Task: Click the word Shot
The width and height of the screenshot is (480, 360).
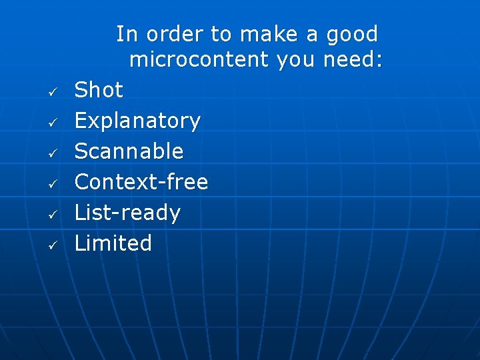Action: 99,90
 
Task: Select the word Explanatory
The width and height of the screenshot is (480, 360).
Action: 137,121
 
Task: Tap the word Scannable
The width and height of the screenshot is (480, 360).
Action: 129,151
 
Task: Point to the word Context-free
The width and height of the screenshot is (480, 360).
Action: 141,181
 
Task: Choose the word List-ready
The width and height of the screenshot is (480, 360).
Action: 127,213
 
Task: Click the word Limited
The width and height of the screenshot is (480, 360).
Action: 113,243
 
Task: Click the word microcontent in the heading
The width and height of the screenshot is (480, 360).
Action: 198,60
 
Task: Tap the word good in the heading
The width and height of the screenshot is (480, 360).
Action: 352,34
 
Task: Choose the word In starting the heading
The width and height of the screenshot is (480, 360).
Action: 127,34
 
